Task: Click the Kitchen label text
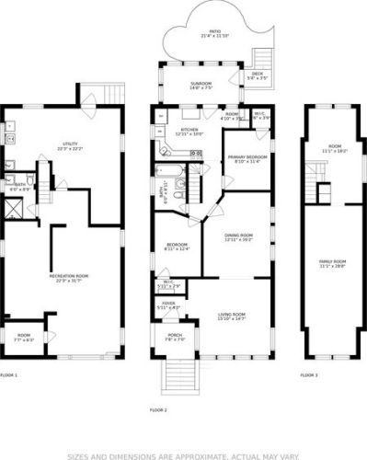189,132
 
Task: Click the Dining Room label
241,236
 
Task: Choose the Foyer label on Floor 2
168,303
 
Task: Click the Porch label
174,337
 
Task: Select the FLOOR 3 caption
310,375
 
